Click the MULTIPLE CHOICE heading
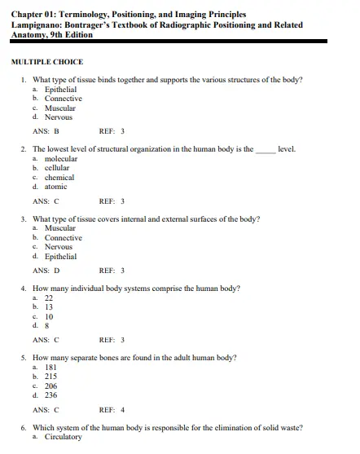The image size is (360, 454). coord(47,62)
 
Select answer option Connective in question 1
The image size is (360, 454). coord(63,99)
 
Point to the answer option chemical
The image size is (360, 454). coord(59,177)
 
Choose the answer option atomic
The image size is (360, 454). coord(56,187)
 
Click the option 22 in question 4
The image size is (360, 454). coord(49,298)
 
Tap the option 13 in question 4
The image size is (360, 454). coord(49,307)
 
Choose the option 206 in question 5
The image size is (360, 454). coord(50,386)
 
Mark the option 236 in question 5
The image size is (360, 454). coord(50,395)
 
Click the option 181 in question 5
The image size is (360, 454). coord(50,368)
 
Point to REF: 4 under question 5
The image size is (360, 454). coord(112,409)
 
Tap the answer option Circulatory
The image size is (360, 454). coord(63,438)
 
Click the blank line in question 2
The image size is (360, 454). coord(266,150)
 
